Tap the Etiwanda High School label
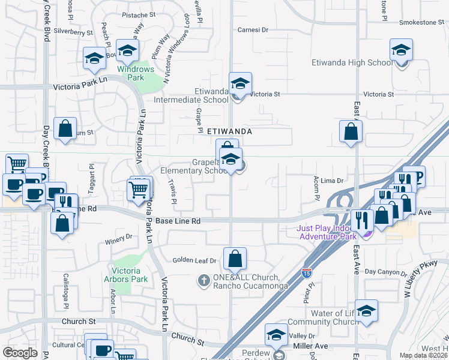[352, 63]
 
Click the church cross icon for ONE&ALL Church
[204, 280]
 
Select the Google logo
[20, 352]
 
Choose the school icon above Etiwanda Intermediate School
[240, 83]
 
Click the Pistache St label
[139, 15]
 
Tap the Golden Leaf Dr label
[194, 260]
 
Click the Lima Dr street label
[331, 180]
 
